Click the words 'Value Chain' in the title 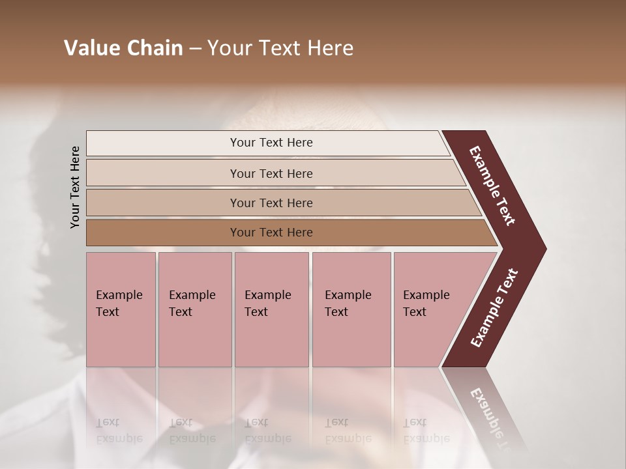[x=123, y=48]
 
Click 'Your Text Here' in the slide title [x=280, y=48]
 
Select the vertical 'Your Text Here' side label [x=75, y=187]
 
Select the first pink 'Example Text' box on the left [x=121, y=309]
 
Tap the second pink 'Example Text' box [x=194, y=309]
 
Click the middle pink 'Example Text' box [x=271, y=309]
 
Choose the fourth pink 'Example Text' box [x=351, y=309]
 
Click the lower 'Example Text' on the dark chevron [x=494, y=307]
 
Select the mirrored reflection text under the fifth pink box [x=426, y=431]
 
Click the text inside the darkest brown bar [x=271, y=233]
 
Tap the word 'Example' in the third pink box [x=267, y=295]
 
